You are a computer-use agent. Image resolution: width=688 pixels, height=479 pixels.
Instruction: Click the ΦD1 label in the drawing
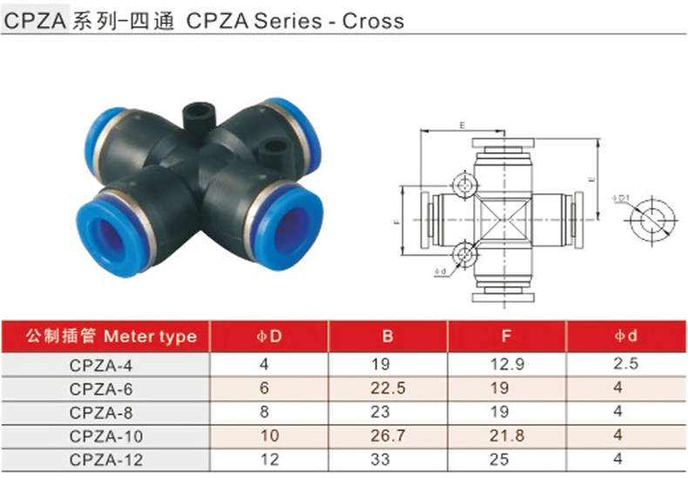tap(621, 199)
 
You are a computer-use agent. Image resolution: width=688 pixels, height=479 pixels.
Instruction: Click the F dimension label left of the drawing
tap(397, 223)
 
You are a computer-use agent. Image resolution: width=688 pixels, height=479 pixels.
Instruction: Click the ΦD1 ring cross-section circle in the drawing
tap(648, 221)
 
